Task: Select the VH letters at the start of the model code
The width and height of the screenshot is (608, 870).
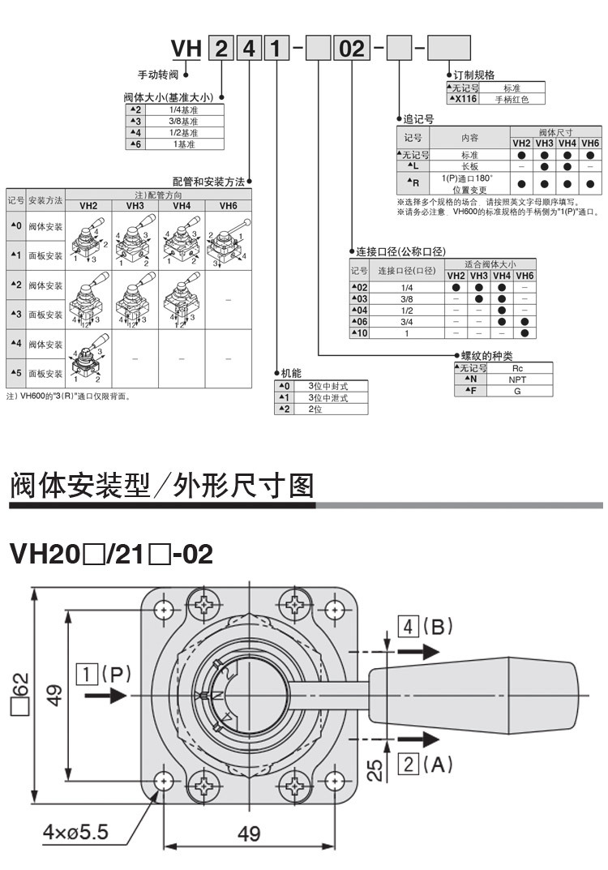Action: (x=185, y=49)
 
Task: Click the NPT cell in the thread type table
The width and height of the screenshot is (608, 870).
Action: (x=517, y=379)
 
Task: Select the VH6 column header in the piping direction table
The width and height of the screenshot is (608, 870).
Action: (x=228, y=206)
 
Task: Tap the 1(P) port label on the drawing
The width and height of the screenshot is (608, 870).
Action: (x=103, y=673)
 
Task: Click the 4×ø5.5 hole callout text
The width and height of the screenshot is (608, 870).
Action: (x=75, y=831)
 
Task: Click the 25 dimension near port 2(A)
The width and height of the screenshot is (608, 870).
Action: (x=375, y=768)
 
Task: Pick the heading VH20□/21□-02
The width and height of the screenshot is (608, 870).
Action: (x=110, y=555)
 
